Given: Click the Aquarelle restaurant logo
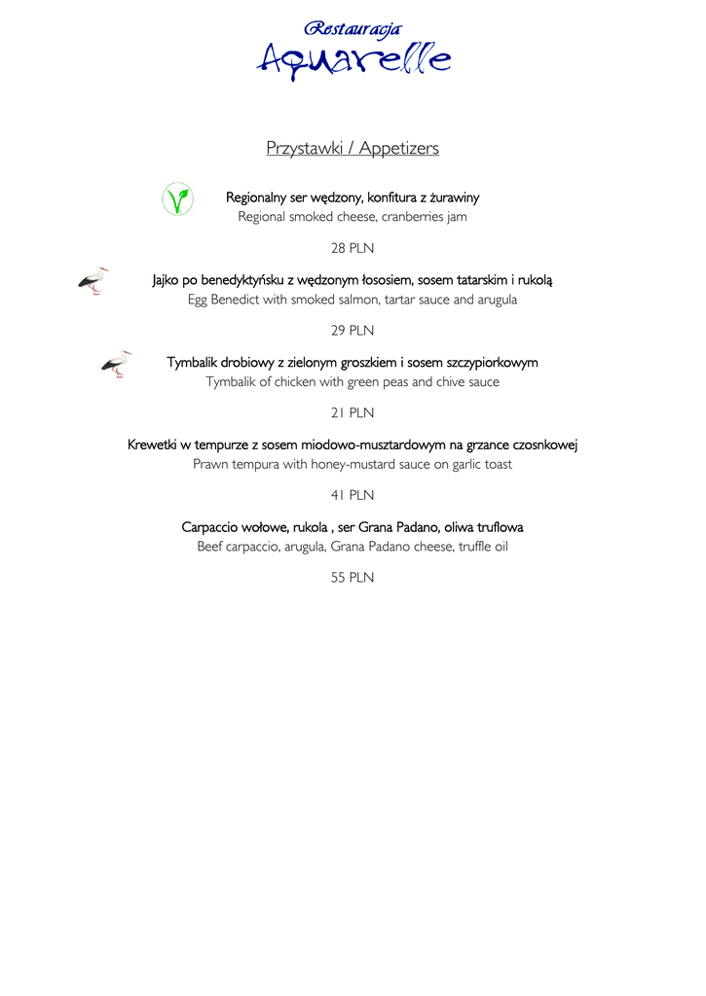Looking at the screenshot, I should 353,51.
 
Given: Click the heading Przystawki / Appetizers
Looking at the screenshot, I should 353,148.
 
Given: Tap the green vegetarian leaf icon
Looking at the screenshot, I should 177,198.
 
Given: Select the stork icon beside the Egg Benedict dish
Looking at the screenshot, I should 93,281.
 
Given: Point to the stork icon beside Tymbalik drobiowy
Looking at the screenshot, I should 116,363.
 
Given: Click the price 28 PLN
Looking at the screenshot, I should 353,248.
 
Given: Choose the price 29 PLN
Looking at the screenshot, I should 353,331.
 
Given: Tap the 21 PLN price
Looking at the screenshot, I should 353,412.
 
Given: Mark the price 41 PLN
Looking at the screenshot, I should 353,495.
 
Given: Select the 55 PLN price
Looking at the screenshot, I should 353,577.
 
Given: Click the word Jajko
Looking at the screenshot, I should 168,280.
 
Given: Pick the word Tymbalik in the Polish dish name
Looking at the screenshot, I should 192,363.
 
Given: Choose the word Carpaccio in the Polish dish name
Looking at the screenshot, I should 212,527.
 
